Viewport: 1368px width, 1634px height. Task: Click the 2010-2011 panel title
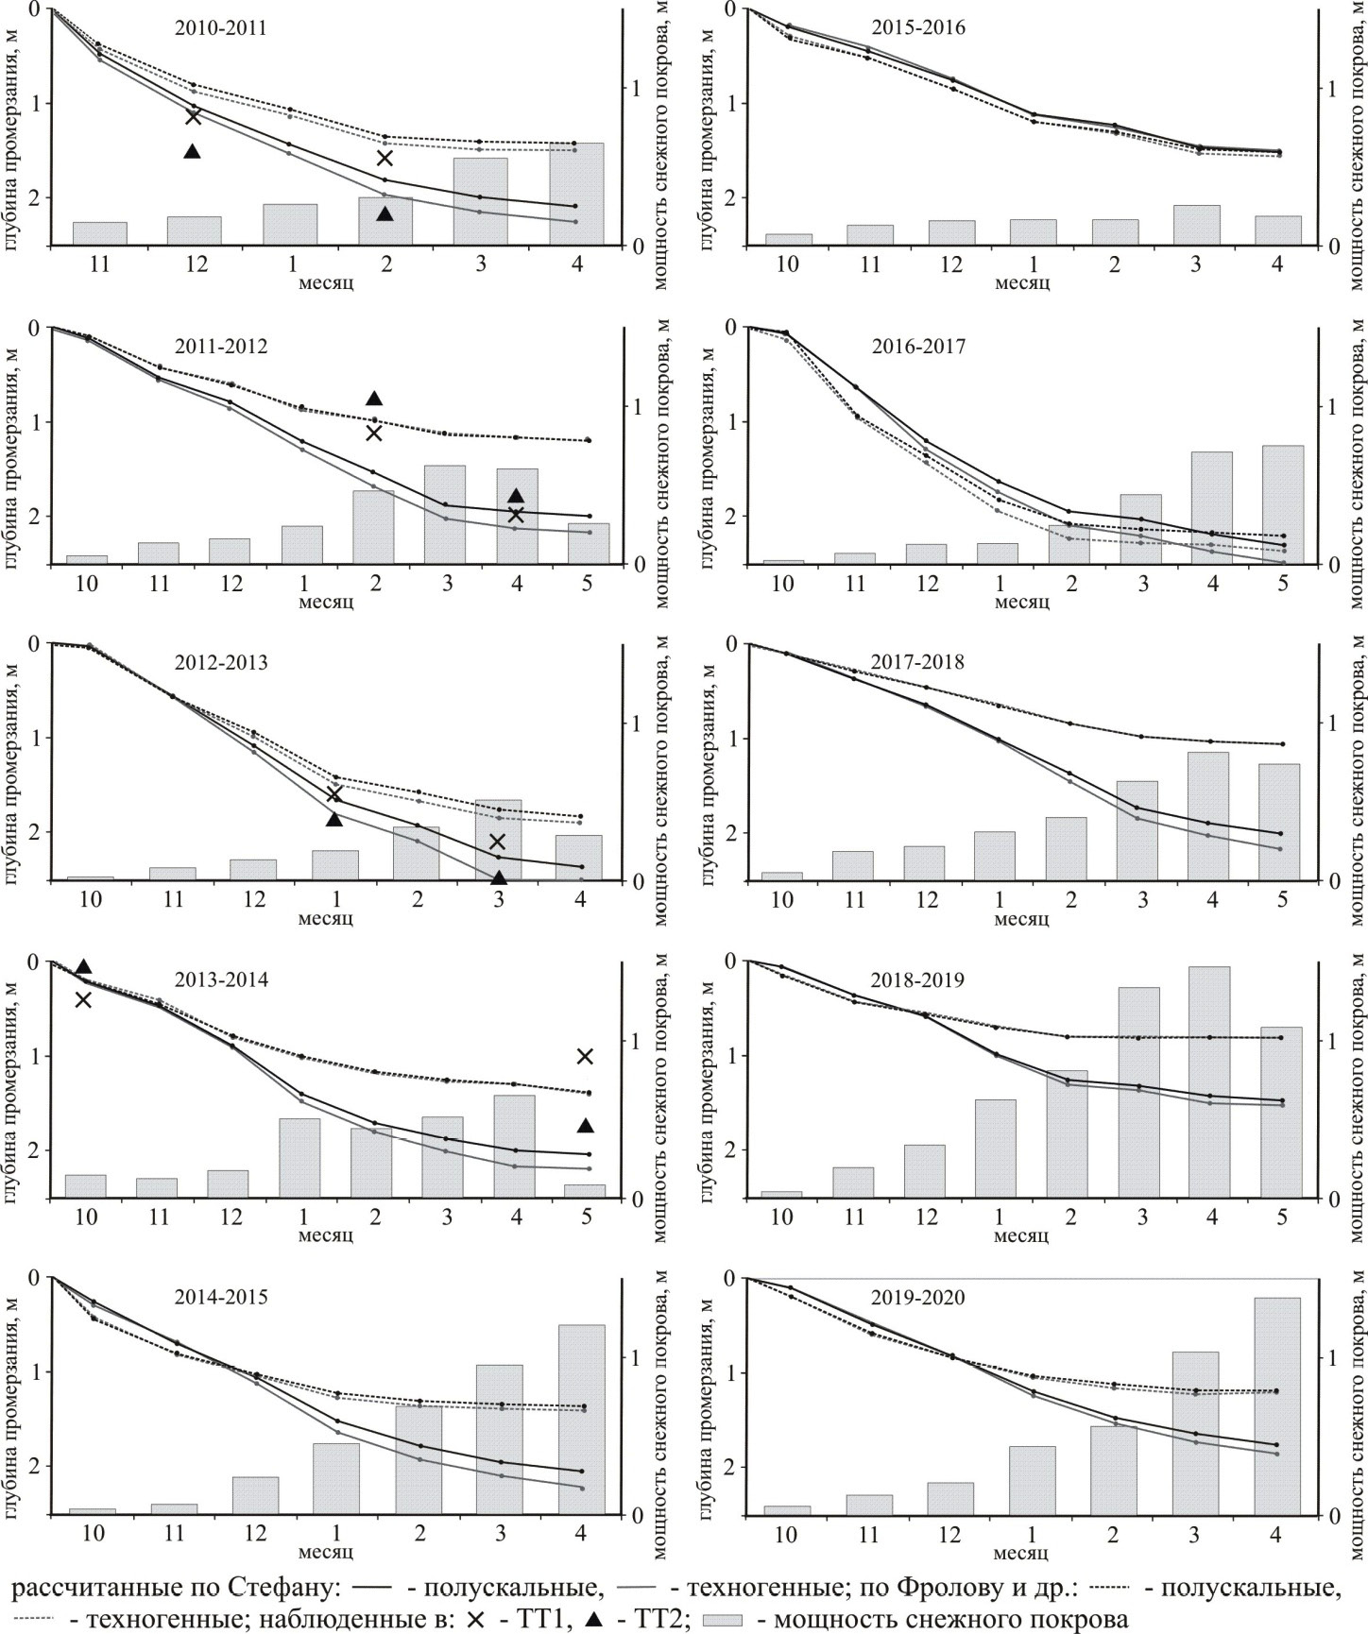click(221, 28)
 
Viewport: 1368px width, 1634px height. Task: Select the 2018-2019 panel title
click(918, 980)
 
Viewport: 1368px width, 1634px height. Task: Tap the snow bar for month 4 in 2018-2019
click(1211, 1081)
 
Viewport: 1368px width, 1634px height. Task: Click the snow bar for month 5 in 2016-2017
click(1283, 504)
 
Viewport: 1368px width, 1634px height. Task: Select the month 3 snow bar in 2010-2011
click(481, 201)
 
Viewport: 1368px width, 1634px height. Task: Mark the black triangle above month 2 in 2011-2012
click(374, 399)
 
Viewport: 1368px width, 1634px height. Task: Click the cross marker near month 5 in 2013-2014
click(585, 1056)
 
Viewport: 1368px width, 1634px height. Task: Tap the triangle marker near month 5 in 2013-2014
click(585, 1125)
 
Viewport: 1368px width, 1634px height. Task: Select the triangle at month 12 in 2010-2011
click(193, 151)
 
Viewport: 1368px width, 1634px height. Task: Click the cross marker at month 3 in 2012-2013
click(498, 842)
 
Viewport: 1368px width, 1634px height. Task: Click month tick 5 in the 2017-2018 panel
click(1282, 898)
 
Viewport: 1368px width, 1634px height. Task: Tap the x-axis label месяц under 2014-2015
click(326, 1552)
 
